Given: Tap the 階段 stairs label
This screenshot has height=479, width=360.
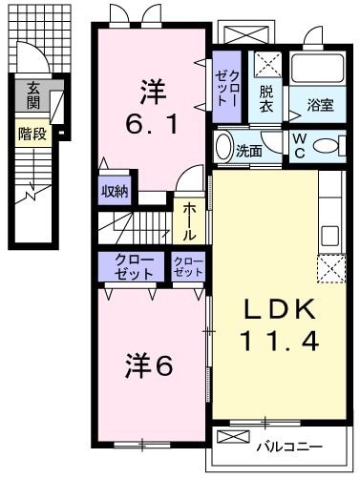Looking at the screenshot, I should (32, 135).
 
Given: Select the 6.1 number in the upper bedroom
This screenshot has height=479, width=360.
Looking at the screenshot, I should (152, 123).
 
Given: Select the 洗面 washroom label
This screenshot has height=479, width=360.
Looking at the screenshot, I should (249, 150).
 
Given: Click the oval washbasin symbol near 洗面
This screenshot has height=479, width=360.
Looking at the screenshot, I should (223, 147).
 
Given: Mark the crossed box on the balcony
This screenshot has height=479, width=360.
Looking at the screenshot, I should (233, 437).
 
